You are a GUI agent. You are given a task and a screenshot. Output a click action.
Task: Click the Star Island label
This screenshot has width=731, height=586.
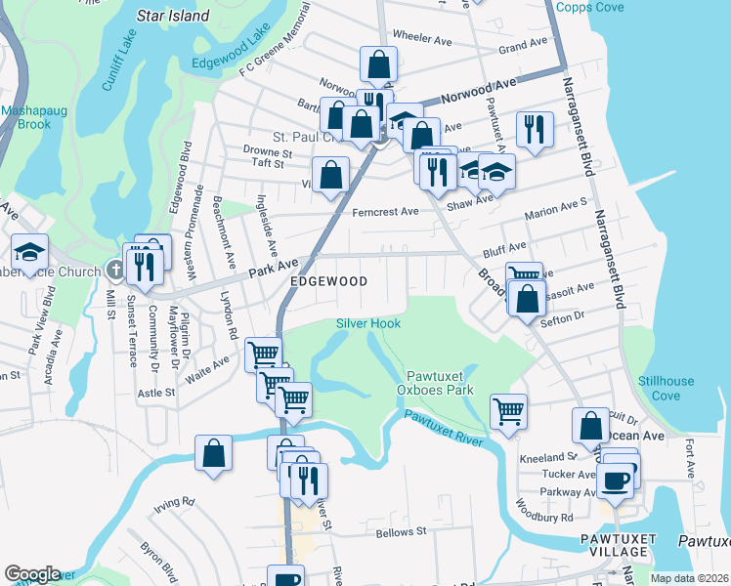pyautogui.click(x=174, y=16)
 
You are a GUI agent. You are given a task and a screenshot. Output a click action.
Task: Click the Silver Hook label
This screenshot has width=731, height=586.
pyautogui.click(x=368, y=322)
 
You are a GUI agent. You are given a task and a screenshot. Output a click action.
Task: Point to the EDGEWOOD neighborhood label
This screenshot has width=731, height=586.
pyautogui.click(x=328, y=281)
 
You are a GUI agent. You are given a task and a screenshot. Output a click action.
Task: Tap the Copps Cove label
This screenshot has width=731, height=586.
pyautogui.click(x=590, y=7)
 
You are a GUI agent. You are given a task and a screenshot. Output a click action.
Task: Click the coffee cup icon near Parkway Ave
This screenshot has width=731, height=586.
pyautogui.click(x=617, y=480)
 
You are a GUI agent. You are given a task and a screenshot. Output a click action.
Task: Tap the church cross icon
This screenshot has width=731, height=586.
pyautogui.click(x=116, y=271)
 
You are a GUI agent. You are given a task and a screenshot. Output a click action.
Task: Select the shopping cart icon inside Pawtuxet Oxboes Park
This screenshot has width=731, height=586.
pyautogui.click(x=509, y=410)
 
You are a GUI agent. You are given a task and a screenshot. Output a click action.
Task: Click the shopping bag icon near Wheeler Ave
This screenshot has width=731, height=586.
pyautogui.click(x=378, y=64)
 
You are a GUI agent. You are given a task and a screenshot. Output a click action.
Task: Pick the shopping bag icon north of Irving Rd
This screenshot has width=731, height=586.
pyautogui.click(x=213, y=452)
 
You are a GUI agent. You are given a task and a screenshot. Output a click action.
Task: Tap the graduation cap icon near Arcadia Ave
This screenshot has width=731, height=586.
pyautogui.click(x=29, y=251)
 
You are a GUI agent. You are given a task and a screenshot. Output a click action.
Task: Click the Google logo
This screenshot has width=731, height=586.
pyautogui.click(x=31, y=573)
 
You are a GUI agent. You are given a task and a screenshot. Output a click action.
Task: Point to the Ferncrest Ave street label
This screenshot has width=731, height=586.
pyautogui.click(x=385, y=211)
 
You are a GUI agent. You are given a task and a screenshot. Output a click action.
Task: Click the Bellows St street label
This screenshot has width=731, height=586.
pyautogui.click(x=402, y=533)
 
